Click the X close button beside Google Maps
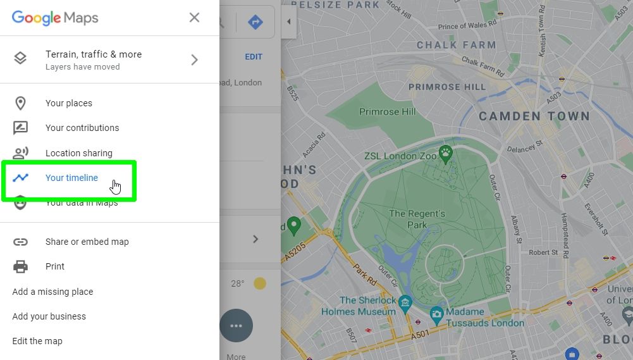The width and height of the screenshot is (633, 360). click(194, 18)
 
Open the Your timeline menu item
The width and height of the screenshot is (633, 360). click(71, 178)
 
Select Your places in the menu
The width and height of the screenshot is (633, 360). click(68, 103)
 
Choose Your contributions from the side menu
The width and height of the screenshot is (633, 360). click(82, 128)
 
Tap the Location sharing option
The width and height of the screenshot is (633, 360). click(78, 153)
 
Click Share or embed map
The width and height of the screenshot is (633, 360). click(87, 242)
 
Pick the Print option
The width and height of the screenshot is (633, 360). click(55, 266)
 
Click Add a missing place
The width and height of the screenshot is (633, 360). click(52, 292)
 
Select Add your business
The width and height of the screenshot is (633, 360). click(49, 316)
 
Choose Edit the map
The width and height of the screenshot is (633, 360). click(37, 341)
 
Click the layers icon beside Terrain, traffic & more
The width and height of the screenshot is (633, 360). click(20, 59)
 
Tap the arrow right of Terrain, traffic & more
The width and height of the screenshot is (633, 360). click(194, 60)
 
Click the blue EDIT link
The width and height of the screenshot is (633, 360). click(254, 57)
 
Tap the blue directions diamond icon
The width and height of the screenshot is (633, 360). click(256, 23)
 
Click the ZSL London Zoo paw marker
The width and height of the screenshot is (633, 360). click(446, 152)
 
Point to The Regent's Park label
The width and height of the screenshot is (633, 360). click(417, 219)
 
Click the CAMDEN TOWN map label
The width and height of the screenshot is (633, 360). click(534, 116)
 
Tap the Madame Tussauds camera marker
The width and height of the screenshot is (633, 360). click(436, 313)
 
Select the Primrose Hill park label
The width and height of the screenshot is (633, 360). click(388, 112)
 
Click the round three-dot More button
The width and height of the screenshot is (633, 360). click(237, 326)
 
